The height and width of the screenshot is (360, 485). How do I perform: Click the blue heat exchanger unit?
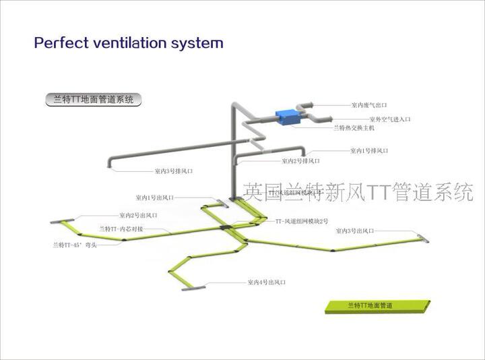tap(291, 116)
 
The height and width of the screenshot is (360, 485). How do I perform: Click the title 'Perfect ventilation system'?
tap(129, 43)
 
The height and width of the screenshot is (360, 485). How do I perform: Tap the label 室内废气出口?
tap(369, 105)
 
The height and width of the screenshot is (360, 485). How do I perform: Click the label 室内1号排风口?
tap(368, 151)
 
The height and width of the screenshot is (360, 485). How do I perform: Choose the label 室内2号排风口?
tap(300, 161)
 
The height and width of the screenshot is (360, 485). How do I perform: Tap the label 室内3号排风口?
tap(174, 171)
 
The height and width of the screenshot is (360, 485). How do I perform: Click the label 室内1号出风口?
tap(154, 198)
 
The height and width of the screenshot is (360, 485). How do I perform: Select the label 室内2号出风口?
tap(139, 216)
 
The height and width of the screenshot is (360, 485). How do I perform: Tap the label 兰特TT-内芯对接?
tap(121, 229)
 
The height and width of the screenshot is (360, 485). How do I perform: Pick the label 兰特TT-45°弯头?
tap(75, 245)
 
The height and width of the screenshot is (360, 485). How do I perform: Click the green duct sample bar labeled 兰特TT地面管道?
tap(377, 306)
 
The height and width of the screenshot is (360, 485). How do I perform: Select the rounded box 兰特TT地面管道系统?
tap(93, 100)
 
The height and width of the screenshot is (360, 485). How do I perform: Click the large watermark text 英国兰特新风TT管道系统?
tap(358, 193)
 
